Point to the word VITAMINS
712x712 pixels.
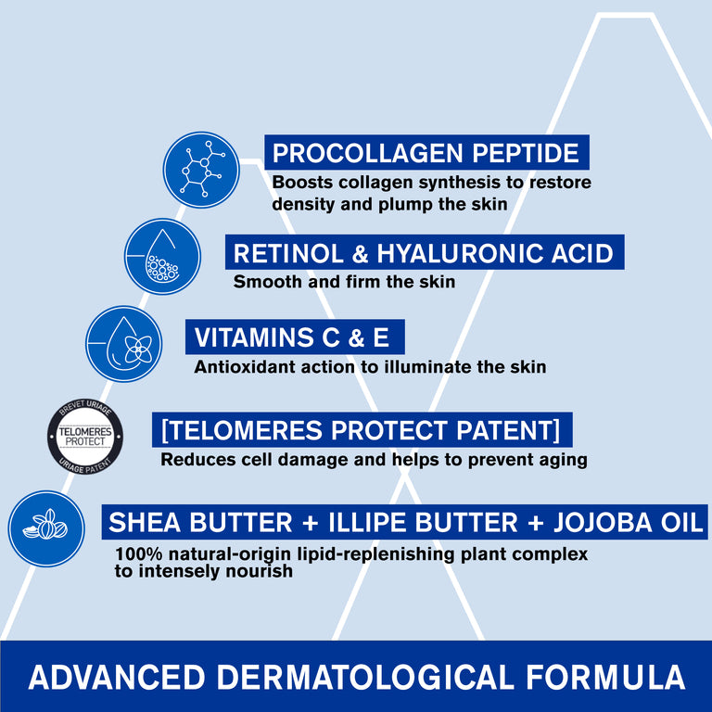click(x=254, y=337)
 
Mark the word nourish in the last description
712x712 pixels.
click(x=260, y=571)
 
